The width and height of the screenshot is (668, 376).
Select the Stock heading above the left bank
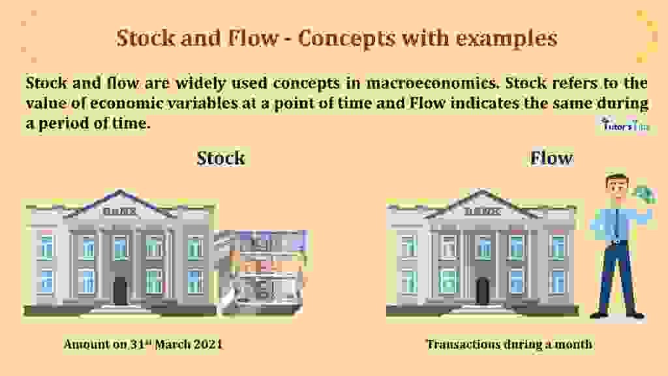[221, 158]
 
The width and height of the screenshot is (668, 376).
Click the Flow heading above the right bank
[552, 158]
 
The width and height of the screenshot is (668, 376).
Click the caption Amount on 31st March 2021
[143, 344]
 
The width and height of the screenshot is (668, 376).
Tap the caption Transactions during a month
[509, 344]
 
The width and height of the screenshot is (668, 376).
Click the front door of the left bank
[120, 290]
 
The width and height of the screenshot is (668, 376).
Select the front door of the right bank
[482, 290]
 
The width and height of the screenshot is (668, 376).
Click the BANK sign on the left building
[120, 211]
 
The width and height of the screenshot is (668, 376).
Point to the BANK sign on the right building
[482, 211]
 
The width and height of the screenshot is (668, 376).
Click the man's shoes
[617, 315]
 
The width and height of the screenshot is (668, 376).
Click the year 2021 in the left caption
[209, 344]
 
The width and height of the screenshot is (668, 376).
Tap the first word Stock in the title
[144, 39]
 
